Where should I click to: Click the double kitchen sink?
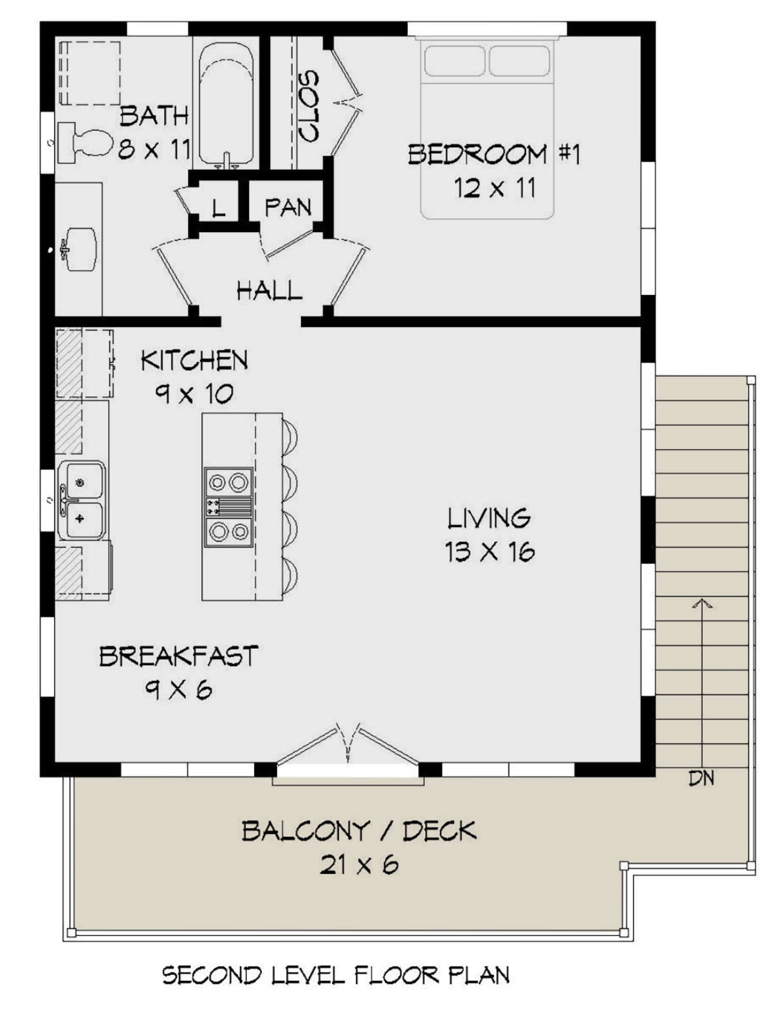[x=81, y=500]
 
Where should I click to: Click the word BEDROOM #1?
[x=494, y=154]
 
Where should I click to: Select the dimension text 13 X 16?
[x=490, y=552]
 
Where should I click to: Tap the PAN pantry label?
[x=288, y=207]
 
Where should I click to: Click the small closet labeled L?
[x=218, y=207]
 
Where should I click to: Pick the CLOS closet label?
[x=309, y=106]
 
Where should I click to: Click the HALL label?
[x=269, y=291]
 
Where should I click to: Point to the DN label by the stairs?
[x=701, y=778]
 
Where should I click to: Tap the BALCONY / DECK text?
[x=359, y=831]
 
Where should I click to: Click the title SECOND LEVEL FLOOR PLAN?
[x=336, y=975]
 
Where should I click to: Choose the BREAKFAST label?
[x=178, y=656]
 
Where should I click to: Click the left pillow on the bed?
[x=454, y=60]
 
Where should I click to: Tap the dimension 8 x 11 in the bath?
[x=154, y=150]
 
